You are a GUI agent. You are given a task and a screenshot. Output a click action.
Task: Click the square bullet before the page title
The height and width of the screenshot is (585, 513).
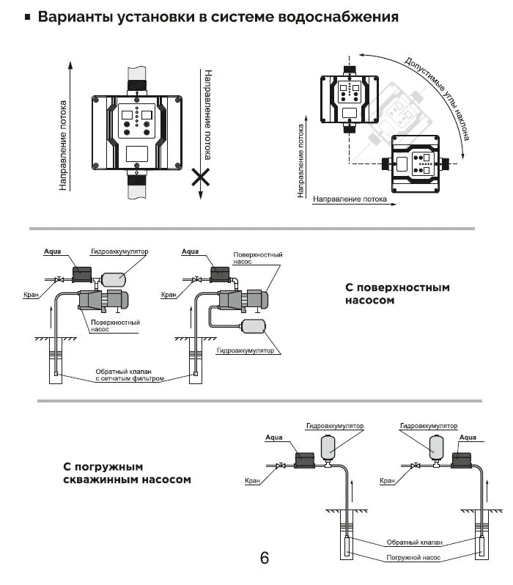click(x=28, y=16)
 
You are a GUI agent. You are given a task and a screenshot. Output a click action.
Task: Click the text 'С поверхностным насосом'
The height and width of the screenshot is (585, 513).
click(x=396, y=293)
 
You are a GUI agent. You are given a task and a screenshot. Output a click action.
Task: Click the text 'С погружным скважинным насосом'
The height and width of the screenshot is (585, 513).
click(x=126, y=473)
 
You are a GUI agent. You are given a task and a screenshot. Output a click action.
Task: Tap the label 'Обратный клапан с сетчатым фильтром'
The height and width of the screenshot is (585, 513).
click(x=129, y=376)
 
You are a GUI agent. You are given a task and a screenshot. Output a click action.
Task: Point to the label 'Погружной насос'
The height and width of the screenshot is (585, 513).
click(x=413, y=557)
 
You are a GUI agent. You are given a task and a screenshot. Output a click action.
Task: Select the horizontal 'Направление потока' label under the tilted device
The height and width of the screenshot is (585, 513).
click(x=350, y=199)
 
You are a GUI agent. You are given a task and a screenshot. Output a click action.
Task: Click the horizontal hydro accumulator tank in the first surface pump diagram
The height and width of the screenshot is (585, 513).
click(x=114, y=278)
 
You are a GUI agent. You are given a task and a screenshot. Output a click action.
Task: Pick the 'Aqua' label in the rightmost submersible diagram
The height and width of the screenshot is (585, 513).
click(x=467, y=438)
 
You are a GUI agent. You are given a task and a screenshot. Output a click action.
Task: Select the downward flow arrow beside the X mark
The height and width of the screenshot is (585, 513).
click(x=201, y=132)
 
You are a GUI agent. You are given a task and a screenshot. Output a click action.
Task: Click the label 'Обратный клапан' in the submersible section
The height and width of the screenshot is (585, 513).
click(x=414, y=543)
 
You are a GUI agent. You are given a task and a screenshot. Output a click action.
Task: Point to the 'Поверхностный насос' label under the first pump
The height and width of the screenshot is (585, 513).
click(x=115, y=325)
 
